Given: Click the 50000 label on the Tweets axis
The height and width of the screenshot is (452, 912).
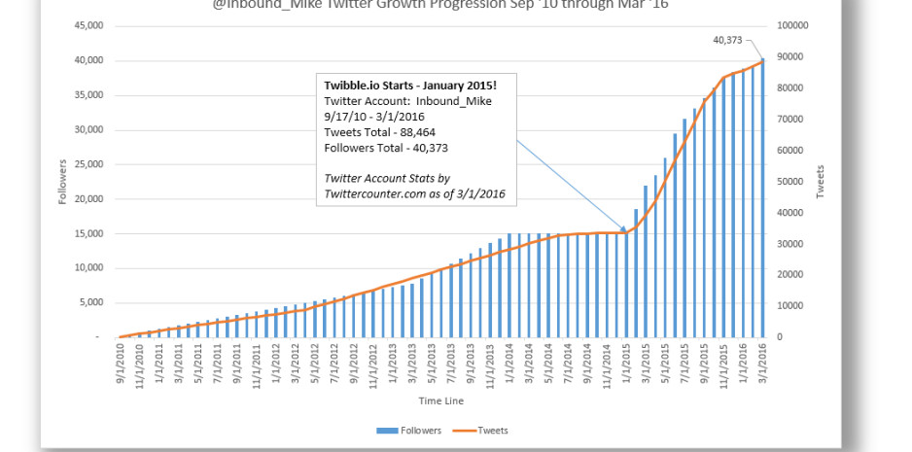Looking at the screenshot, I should point(792,181).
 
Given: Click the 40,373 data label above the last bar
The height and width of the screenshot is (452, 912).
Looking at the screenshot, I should point(725,40).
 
